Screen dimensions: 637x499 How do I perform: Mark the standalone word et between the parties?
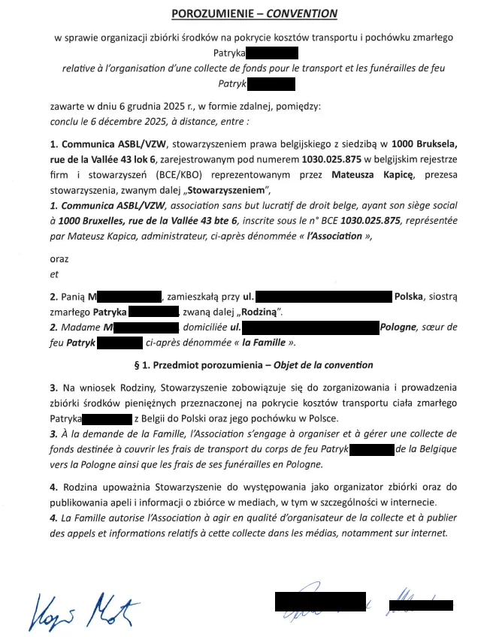coord(53,274)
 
